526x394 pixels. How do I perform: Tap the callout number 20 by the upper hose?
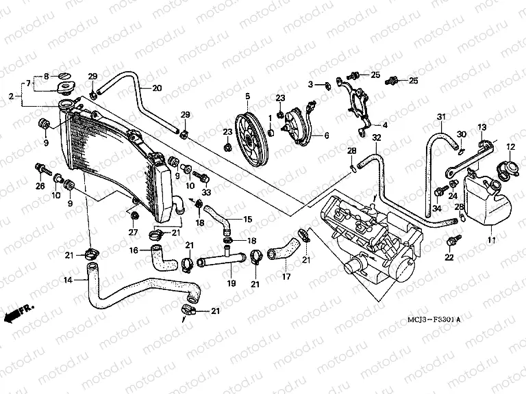[x=157, y=88]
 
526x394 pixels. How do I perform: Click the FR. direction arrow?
[x=17, y=314]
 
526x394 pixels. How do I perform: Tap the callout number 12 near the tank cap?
[x=510, y=147]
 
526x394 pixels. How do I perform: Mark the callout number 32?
[x=376, y=139]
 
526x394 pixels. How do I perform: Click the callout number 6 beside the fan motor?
[x=326, y=135]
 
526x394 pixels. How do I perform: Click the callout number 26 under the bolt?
[x=40, y=186]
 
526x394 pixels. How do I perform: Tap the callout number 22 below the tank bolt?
[x=449, y=258]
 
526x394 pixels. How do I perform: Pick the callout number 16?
[x=135, y=250]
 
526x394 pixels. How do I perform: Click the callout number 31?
[x=442, y=116]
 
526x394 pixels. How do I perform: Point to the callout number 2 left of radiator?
[x=11, y=96]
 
